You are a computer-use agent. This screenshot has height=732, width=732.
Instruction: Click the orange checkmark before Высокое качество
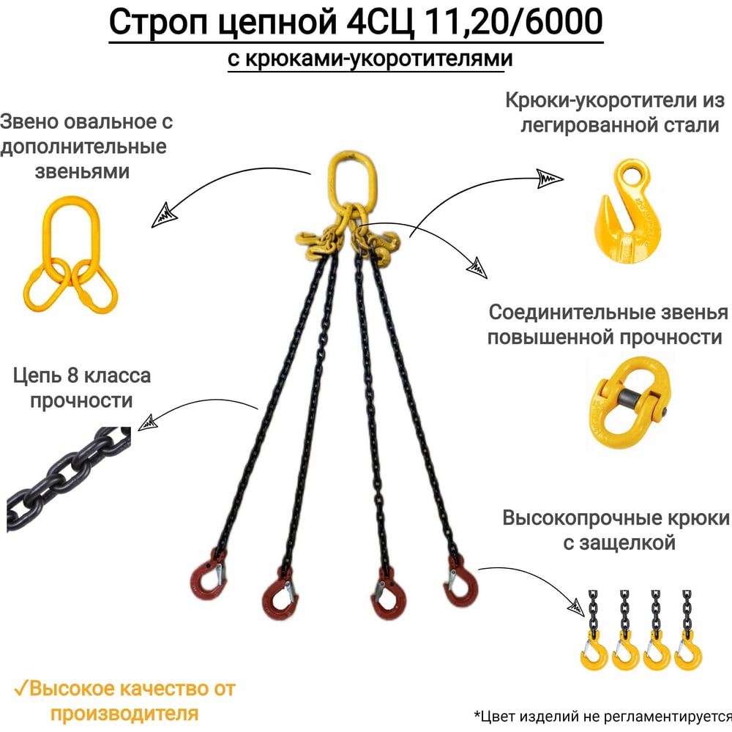point(21,689)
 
